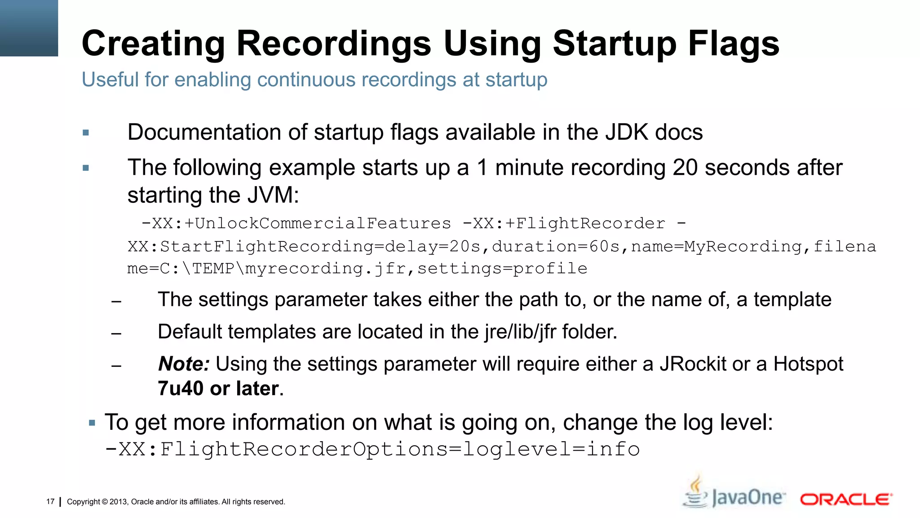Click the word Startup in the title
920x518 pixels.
614,44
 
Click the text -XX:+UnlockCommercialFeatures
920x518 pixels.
296,223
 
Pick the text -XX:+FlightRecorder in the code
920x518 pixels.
564,223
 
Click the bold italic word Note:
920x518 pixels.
184,364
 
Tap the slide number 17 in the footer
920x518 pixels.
50,502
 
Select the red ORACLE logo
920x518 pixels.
846,500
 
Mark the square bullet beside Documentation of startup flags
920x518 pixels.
86,133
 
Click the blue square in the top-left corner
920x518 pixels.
29,28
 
